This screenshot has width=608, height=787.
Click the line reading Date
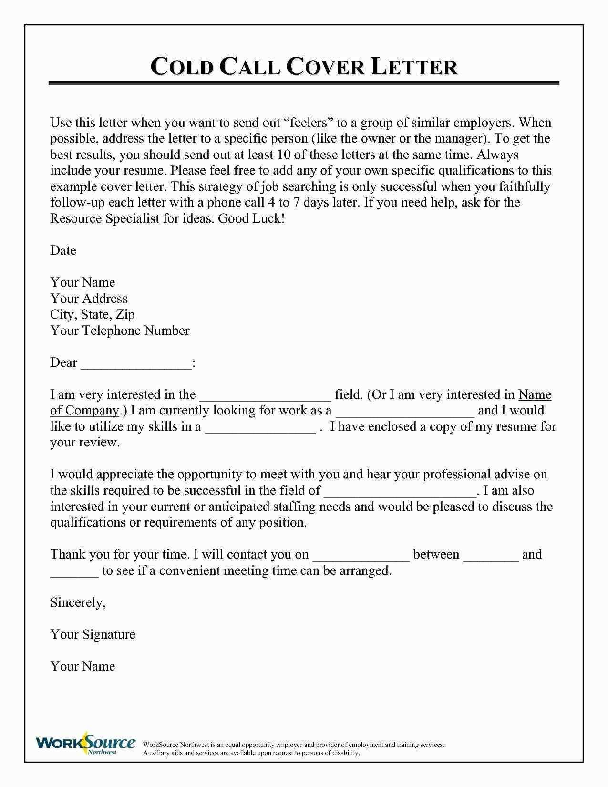[63, 250]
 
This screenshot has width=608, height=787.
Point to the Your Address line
[89, 299]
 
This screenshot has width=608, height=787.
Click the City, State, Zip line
[93, 315]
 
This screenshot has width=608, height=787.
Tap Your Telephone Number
[120, 331]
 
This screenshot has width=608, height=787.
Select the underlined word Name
[535, 394]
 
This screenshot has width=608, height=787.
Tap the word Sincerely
[78, 602]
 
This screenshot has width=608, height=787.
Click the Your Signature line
[93, 634]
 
